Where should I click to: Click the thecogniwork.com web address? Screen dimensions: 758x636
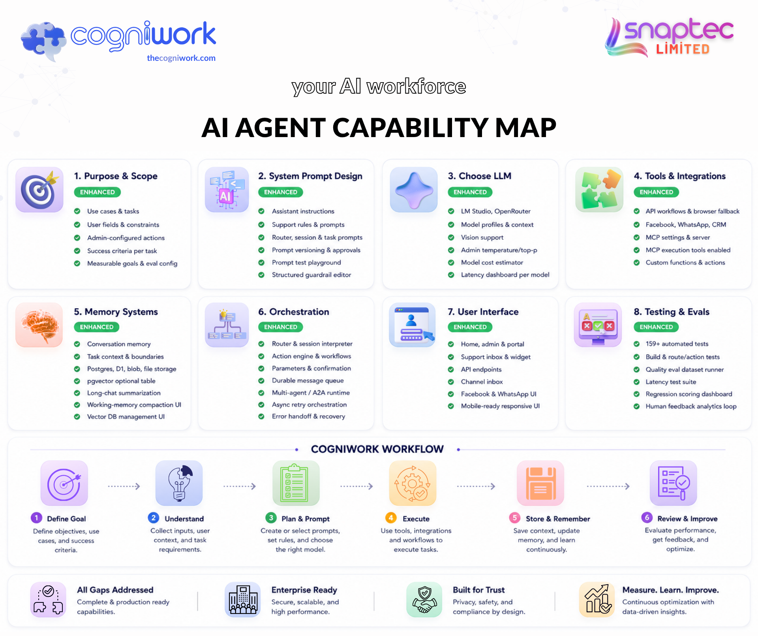[x=181, y=58]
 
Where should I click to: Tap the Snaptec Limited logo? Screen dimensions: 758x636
[x=669, y=37]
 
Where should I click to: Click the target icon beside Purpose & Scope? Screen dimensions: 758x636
[x=39, y=189]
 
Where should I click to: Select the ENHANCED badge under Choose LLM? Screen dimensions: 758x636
[x=470, y=192]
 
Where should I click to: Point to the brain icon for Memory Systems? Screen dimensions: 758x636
[x=39, y=325]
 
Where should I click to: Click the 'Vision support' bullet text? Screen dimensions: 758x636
[x=482, y=237]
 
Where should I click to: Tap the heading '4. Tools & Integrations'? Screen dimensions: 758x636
[x=679, y=176]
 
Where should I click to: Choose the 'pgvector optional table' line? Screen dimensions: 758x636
[x=121, y=381]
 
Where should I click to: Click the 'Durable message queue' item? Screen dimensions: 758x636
[x=308, y=380]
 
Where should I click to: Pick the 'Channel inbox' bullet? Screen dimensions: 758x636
[x=482, y=382]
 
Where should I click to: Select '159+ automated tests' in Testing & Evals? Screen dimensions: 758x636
[x=677, y=344]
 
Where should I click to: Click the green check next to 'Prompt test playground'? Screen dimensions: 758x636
[x=261, y=262]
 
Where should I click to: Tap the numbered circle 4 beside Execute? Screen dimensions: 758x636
[x=391, y=518]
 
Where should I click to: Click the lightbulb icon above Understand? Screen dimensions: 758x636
[x=179, y=483]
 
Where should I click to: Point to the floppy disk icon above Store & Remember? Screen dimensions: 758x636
[x=540, y=483]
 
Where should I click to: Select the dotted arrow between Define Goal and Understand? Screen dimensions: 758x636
[x=124, y=486]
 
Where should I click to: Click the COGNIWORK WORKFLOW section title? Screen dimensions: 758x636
[x=377, y=449]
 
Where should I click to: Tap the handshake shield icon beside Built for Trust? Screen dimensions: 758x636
[x=424, y=600]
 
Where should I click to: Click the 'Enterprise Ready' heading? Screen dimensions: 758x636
[x=304, y=590]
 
